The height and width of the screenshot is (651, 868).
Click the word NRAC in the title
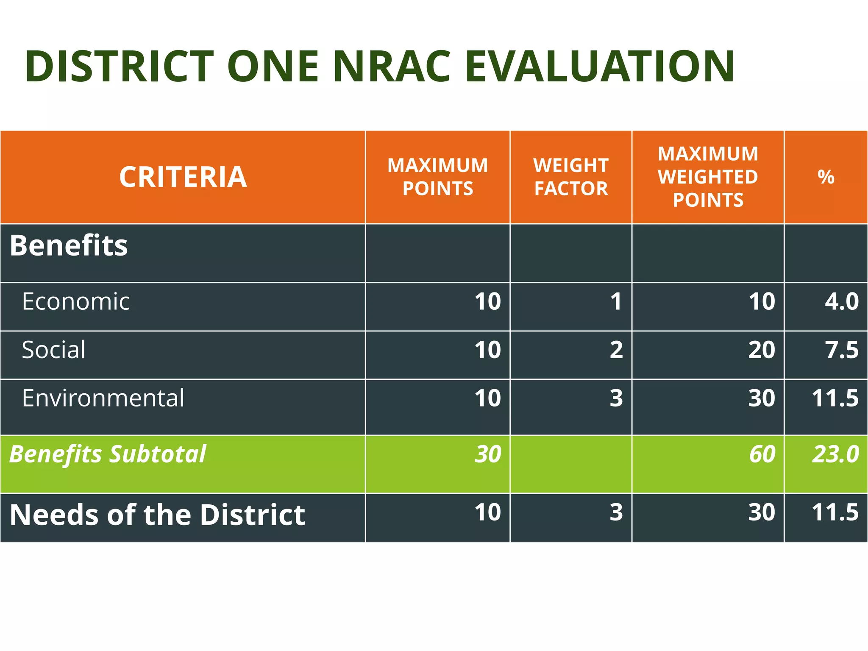392,67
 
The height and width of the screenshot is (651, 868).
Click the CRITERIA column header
183,177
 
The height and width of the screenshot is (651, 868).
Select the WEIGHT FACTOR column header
571,177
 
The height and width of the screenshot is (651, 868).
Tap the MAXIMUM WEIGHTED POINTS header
708,177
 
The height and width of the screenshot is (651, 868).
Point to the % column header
826,177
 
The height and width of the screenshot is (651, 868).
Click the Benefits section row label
69,245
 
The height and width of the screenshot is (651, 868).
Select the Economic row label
76,302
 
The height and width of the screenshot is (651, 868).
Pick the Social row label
54,350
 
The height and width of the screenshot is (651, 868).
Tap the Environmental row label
103,398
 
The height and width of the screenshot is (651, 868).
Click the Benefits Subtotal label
108,454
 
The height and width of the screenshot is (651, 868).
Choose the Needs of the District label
157,515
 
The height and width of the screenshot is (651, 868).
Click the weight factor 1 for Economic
616,302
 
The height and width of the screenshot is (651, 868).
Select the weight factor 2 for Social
616,350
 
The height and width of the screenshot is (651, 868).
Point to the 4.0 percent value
841,302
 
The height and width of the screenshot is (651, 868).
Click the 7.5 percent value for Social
841,350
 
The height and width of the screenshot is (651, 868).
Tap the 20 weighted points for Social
761,350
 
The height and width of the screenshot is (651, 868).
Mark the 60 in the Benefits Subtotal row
762,454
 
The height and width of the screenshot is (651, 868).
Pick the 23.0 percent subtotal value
835,454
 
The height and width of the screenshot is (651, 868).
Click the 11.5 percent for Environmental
835,398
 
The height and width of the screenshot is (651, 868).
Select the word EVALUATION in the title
599,67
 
